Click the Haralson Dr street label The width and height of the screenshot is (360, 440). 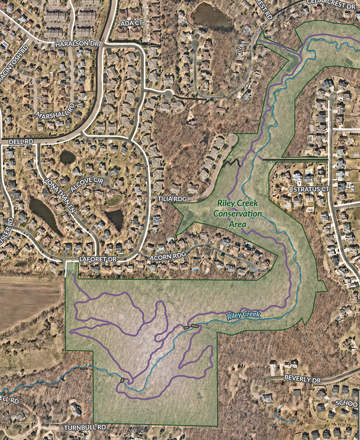click(76, 44)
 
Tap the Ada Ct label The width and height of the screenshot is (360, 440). click(131, 23)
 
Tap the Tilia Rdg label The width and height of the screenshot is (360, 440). click(169, 199)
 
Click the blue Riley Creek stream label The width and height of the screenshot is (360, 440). click(243, 315)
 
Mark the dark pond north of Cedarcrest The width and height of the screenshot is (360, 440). click(212, 16)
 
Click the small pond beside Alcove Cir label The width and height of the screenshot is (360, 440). click(68, 157)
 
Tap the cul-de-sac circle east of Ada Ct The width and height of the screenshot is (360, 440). click(169, 94)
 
